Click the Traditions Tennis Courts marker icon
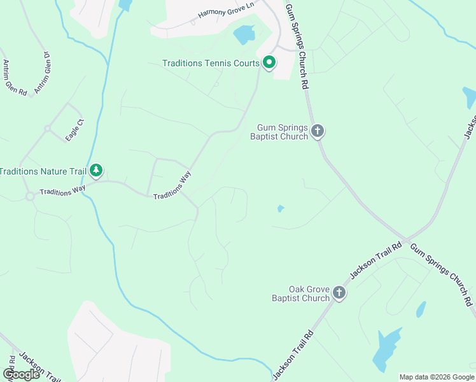[x=269, y=63]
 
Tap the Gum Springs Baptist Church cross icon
[x=318, y=132]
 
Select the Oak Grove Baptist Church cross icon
[x=339, y=293]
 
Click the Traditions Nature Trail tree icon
[x=96, y=171]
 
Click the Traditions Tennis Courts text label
[x=211, y=63]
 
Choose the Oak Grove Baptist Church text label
[x=300, y=293]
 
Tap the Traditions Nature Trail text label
[x=43, y=171]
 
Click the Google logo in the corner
[x=21, y=374]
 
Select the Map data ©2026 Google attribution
[x=437, y=377]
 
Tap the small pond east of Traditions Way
[x=280, y=208]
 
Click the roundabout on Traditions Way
[x=30, y=196]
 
